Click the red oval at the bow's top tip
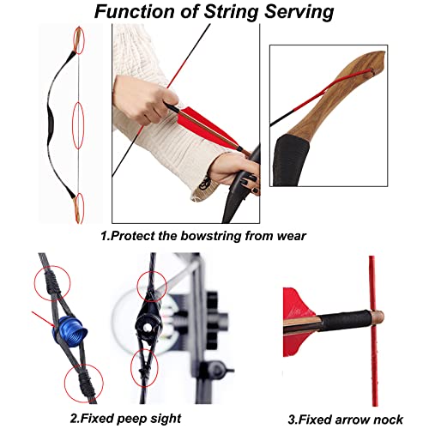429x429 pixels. pos(80,39)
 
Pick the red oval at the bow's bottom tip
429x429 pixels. pos(80,208)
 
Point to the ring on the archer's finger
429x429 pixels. pos(205,183)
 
